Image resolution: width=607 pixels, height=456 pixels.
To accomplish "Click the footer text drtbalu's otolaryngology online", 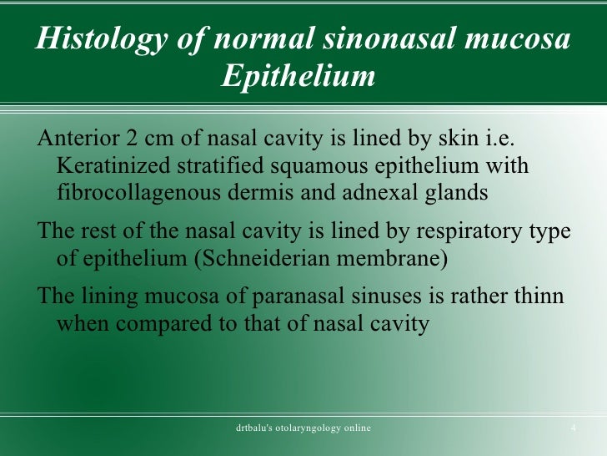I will pos(303,428).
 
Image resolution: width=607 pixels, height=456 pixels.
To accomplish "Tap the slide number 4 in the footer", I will pos(573,428).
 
